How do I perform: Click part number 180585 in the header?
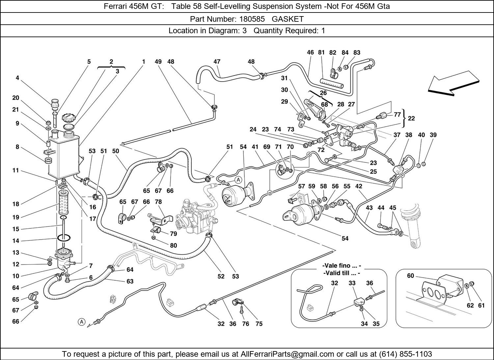[x=251, y=19]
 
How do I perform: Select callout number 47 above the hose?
[x=217, y=62]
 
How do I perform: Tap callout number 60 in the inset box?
[x=410, y=276]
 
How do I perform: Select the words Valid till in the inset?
[x=342, y=273]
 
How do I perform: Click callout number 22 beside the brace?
[x=411, y=118]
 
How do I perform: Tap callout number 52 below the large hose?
[x=221, y=276]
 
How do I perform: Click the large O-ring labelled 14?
[x=64, y=238]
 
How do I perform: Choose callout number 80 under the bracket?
[x=174, y=245]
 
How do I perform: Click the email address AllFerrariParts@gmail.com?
[x=288, y=354]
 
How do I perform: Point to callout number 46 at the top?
[x=310, y=52]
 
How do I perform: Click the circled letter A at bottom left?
[x=81, y=321]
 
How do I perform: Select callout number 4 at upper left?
[x=17, y=78]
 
